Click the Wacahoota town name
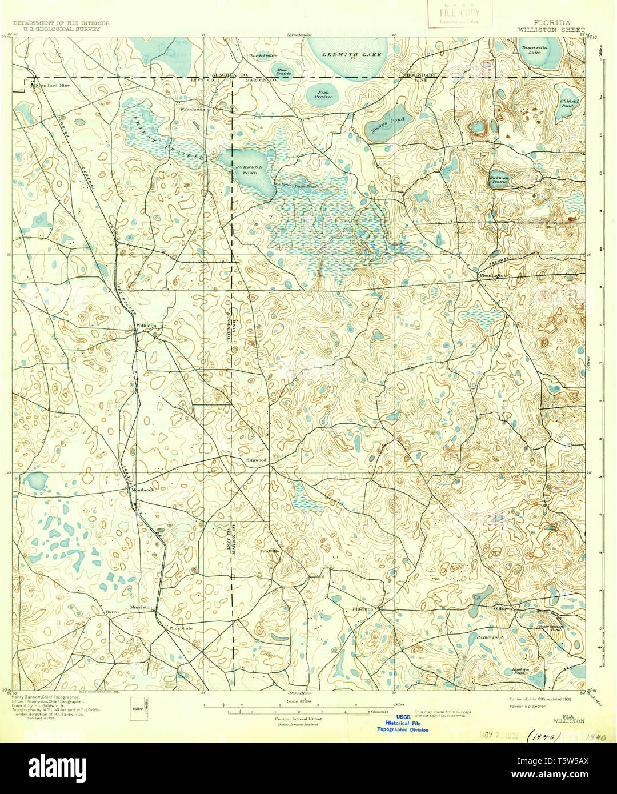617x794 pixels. tap(192, 109)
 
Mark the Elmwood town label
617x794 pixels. tap(256, 459)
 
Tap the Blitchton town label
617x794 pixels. tap(363, 609)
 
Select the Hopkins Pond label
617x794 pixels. tap(520, 671)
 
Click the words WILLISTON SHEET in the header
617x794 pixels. tap(551, 29)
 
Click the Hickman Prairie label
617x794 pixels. tap(499, 179)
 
